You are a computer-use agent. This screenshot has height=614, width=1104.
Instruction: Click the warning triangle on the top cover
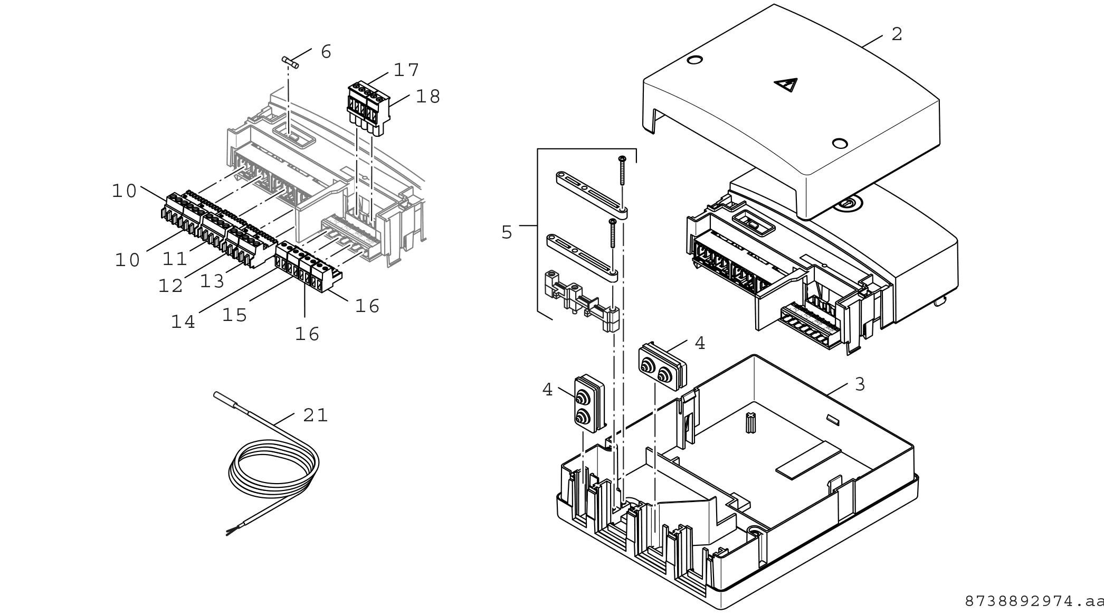[x=786, y=84]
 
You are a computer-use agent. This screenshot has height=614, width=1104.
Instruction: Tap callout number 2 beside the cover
[x=897, y=34]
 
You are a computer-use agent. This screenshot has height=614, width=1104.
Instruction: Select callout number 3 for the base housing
[x=860, y=384]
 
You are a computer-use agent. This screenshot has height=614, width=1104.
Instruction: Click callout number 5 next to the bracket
[x=507, y=232]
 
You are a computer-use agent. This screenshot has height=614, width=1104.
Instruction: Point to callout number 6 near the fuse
[x=326, y=52]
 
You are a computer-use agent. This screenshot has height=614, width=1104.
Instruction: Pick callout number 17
[x=406, y=70]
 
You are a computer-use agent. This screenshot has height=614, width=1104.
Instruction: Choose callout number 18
[x=427, y=96]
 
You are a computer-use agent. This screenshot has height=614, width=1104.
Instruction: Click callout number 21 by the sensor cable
[x=316, y=415]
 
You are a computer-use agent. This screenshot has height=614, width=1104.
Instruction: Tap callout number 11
[x=175, y=259]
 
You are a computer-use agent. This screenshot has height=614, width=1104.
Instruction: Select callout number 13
[x=212, y=281]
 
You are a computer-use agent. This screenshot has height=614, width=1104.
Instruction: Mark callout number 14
[x=183, y=322]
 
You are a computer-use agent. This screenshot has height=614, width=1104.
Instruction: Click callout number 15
[x=234, y=315]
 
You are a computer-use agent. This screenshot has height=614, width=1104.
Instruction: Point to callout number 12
[x=170, y=286]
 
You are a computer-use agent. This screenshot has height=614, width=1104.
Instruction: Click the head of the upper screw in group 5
[x=623, y=158]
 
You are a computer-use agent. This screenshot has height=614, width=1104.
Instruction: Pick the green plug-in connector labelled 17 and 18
[x=369, y=108]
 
